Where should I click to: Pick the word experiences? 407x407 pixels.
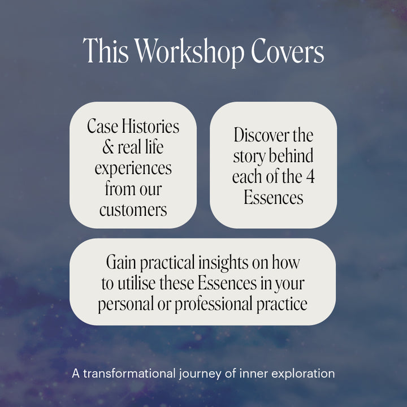pos(133,168)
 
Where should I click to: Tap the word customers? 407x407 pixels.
pos(133,210)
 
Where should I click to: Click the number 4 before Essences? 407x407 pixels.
pos(310,177)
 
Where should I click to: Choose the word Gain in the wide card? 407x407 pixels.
pos(121,263)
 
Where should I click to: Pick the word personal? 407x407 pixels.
pos(125,304)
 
